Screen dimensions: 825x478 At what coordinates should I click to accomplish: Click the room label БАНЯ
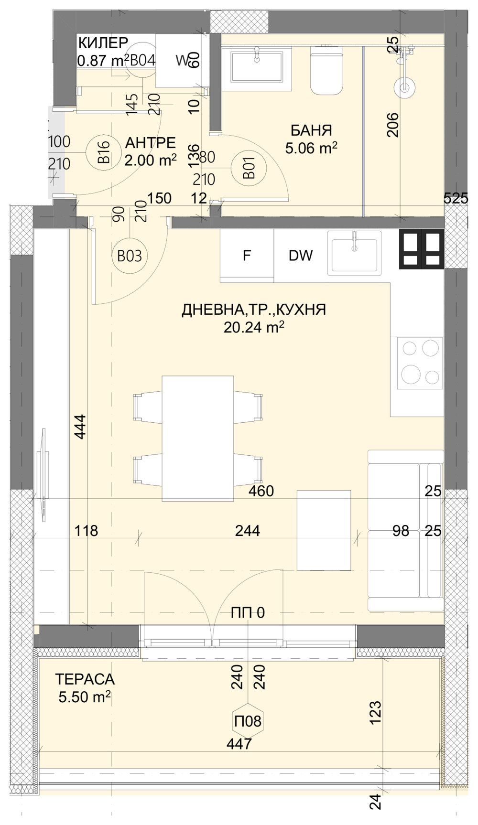coord(311,130)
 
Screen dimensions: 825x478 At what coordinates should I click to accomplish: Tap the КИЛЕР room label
coord(103,43)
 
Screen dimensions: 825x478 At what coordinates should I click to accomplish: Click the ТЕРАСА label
coord(85,679)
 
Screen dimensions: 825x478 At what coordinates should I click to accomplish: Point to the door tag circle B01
coord(248,169)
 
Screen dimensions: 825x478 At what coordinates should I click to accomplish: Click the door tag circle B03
coord(130,256)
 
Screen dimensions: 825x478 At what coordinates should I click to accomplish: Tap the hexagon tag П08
coord(248,721)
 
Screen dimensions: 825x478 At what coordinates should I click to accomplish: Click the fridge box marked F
coord(247,256)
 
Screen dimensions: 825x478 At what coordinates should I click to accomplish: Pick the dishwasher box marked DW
coord(301,256)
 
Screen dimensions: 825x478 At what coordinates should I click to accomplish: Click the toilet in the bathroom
coord(327,70)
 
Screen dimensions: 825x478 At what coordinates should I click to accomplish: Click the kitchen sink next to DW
coord(354,253)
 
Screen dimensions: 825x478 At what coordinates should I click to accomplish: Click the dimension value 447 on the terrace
coord(239,744)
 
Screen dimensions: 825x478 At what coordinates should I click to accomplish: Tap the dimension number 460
coord(261,491)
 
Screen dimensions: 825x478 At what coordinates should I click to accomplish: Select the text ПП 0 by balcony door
coord(247,613)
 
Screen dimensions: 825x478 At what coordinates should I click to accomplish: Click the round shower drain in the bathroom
coord(404,87)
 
